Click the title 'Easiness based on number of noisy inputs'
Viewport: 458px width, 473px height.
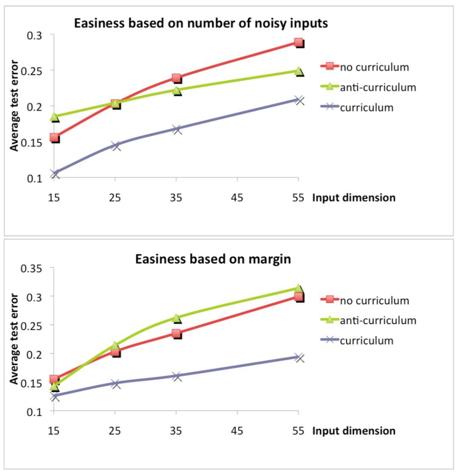[x=201, y=23]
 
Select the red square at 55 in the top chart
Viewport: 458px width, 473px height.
[x=299, y=42]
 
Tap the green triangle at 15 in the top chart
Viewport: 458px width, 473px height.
[x=54, y=117]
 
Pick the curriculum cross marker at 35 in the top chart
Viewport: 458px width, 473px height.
[x=177, y=129]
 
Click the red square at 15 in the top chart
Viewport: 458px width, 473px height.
[x=54, y=137]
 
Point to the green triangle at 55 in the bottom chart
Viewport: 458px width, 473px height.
[x=299, y=289]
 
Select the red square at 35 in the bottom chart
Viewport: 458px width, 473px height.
[x=177, y=334]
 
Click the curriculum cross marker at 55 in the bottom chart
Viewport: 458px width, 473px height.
[x=299, y=357]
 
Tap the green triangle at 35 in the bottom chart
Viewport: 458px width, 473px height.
[x=177, y=318]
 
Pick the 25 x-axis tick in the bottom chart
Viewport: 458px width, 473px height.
[x=115, y=431]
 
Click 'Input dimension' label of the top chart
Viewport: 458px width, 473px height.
[x=354, y=198]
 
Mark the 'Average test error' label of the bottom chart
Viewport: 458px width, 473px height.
[x=15, y=339]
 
